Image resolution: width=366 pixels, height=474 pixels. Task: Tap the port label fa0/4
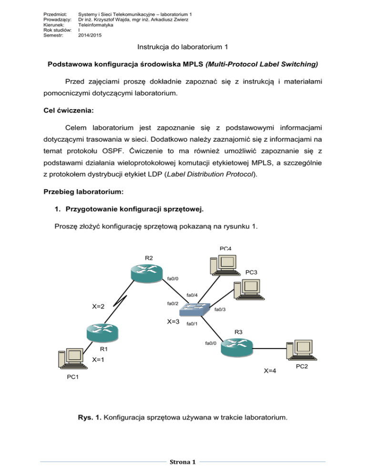[x=192, y=295]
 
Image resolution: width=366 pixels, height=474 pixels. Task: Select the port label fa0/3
[x=220, y=310]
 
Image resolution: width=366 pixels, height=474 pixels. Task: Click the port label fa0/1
[x=192, y=324]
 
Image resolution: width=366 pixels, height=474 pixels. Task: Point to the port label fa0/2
[x=173, y=304]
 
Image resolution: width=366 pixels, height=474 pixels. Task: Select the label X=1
[x=99, y=360]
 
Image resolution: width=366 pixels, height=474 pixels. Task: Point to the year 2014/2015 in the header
[x=89, y=35]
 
